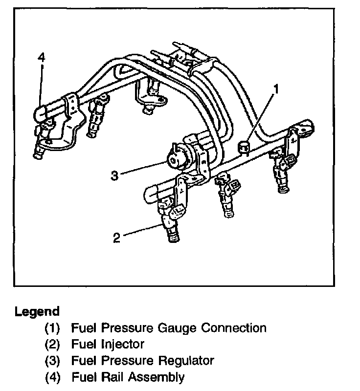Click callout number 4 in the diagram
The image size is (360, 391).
point(42,58)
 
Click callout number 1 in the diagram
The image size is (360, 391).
point(277,89)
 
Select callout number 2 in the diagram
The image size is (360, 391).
point(116,238)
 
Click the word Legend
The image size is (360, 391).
point(37,311)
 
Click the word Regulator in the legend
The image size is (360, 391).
point(187,361)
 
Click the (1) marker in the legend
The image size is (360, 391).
point(53,328)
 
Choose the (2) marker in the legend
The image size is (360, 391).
point(53,345)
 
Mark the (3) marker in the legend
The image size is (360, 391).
point(53,361)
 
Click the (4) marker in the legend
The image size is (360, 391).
point(53,377)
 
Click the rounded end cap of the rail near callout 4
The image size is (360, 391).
point(41,113)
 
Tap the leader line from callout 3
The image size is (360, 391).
point(142,168)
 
